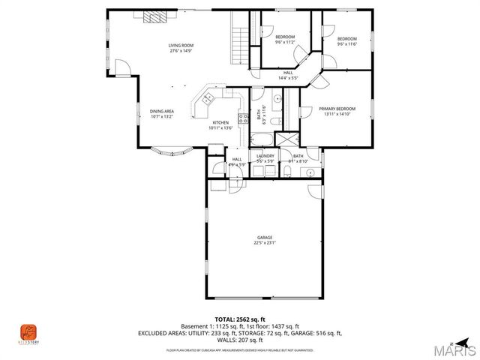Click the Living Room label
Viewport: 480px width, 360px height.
click(180, 48)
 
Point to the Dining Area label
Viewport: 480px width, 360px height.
click(161, 113)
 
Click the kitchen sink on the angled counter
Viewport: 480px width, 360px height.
click(206, 98)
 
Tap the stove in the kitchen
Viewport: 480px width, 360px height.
click(242, 118)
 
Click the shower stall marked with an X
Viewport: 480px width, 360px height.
click(286, 139)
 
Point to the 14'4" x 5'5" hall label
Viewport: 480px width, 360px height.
click(289, 75)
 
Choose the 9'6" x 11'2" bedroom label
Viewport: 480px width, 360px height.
click(285, 40)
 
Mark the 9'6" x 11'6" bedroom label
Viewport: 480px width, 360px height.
click(346, 41)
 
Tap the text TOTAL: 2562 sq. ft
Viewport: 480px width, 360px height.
click(240, 319)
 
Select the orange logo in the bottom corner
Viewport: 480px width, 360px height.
click(27, 331)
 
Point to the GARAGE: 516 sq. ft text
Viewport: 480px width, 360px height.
click(318, 332)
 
